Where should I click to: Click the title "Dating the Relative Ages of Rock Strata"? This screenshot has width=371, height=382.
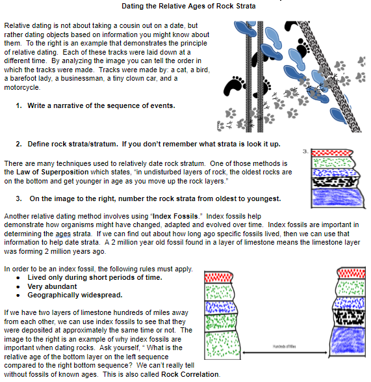[188, 6]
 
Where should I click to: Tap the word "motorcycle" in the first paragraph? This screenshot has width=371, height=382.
[21, 87]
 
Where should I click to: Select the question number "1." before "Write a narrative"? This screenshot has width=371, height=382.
[19, 105]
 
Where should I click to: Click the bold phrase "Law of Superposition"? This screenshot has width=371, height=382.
[53, 172]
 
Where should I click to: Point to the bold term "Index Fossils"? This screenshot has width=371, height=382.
[175, 216]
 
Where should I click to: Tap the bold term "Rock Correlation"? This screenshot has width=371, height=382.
[190, 374]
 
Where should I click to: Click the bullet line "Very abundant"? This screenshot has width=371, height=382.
[52, 286]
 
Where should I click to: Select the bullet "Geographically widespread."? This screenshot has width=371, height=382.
[75, 295]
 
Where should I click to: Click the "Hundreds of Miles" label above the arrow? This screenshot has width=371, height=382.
[284, 346]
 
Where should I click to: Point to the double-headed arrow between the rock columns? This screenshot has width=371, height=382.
[285, 352]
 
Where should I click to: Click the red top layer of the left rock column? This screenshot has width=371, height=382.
[218, 277]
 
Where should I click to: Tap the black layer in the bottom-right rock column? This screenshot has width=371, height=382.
[350, 318]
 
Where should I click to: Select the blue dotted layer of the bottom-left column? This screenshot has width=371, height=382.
[220, 307]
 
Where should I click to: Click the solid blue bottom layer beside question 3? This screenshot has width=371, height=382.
[338, 197]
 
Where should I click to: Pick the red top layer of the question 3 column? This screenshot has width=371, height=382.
[332, 153]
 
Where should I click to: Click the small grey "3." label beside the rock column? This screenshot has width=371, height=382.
[305, 151]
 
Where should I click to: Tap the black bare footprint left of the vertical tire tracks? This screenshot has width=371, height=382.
[234, 87]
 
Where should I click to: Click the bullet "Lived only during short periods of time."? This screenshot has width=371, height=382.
[95, 277]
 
